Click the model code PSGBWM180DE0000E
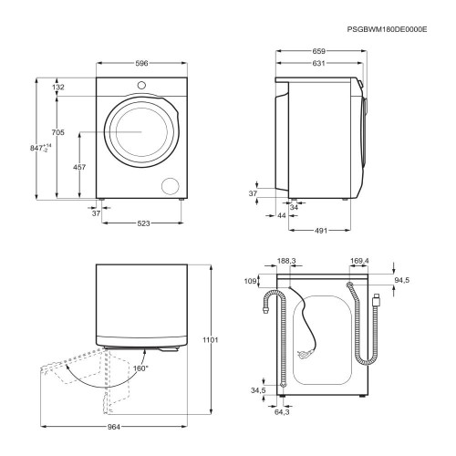(x=387, y=29)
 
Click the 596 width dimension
(x=141, y=63)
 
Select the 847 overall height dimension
(x=41, y=148)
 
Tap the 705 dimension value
(x=58, y=132)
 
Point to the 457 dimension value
(x=79, y=167)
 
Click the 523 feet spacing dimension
(x=143, y=223)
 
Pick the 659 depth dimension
(x=319, y=51)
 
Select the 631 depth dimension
(x=319, y=63)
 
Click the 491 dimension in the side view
(x=321, y=231)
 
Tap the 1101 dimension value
(x=211, y=340)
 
